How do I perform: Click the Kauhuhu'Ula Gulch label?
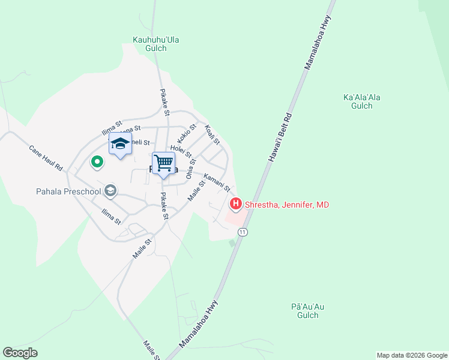[x=156, y=44]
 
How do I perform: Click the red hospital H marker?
[x=236, y=205]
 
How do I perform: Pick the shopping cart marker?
[x=163, y=163]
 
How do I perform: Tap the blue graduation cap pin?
[x=120, y=144]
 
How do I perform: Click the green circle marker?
[x=96, y=161]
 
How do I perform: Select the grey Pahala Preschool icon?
[x=110, y=191]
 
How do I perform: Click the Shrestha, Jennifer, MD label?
[x=286, y=205]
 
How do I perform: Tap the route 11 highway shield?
[x=243, y=232]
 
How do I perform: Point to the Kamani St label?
[x=217, y=182]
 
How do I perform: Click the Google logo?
[x=20, y=353]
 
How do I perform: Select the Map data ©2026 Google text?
[x=411, y=355]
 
